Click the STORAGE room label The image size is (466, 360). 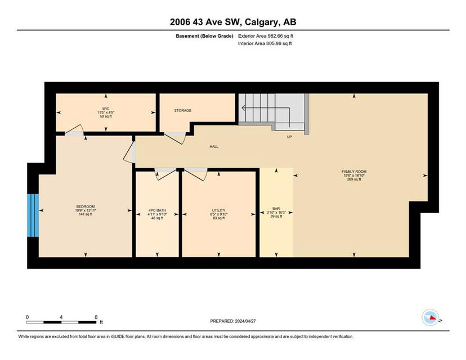pos(182,110)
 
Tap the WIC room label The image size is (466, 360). pos(106,109)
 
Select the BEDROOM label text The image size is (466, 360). pos(86,207)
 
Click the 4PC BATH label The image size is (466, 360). pos(157,210)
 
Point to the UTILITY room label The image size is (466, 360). pos(219,210)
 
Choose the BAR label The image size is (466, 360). pos(276,209)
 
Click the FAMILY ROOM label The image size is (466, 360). pos(354,172)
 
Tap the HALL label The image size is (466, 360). pos(214,146)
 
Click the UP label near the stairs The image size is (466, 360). pos(289,137)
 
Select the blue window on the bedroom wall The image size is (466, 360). pos(33,215)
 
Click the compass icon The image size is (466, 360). pos(431,317)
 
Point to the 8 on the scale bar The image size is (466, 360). pos(96,317)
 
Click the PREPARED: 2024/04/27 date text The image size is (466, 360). pos(233,321)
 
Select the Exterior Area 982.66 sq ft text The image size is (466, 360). pos(266,36)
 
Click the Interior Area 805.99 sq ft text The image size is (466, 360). pos(265,43)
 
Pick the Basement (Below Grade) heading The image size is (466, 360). pos(204,36)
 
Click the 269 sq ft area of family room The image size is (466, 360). pos(354,179)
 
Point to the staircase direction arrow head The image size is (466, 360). pos(243,107)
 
